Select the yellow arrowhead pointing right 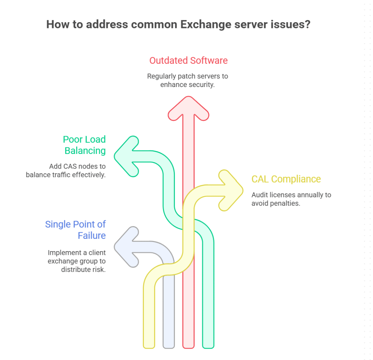(231, 190)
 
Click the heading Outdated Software (188, 60)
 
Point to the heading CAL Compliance (286, 179)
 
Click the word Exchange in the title (205, 25)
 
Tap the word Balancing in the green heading (85, 150)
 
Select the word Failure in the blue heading (92, 236)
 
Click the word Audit (259, 195)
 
